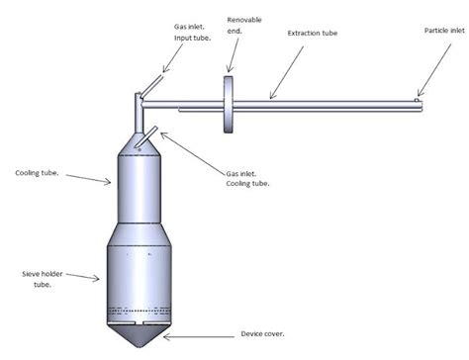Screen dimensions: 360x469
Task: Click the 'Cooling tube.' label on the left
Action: pyautogui.click(x=37, y=173)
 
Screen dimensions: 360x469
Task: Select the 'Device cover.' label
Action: pyautogui.click(x=265, y=334)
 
